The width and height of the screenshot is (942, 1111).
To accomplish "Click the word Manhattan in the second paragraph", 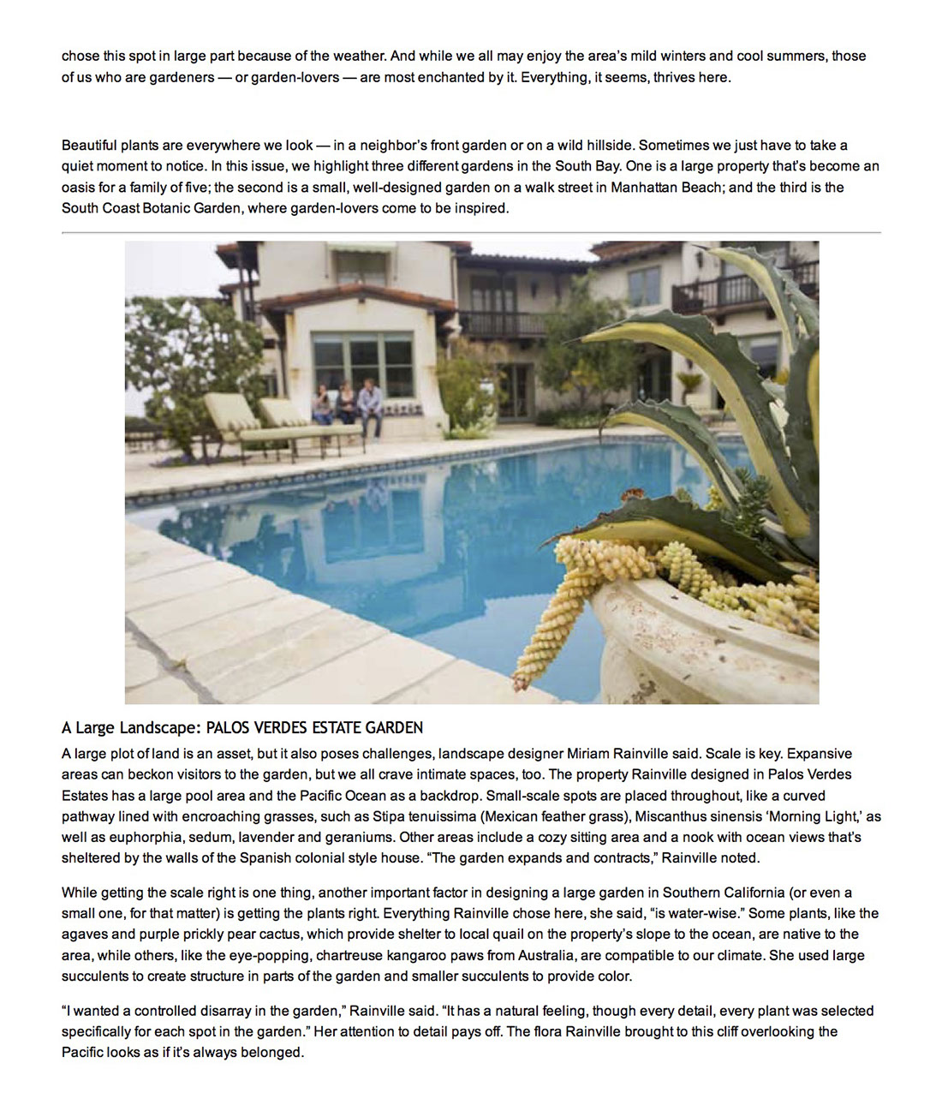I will click(x=645, y=187).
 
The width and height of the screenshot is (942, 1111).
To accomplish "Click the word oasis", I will click(x=78, y=187).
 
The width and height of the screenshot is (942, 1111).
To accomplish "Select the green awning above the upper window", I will click(x=361, y=249).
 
